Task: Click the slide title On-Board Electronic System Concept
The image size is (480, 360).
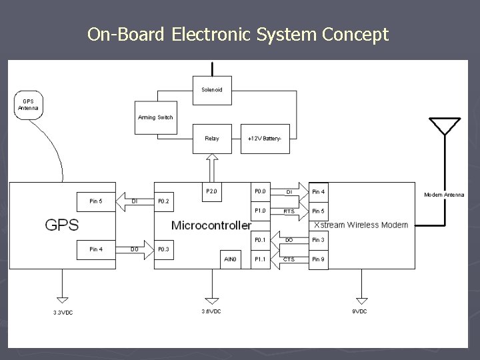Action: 238,34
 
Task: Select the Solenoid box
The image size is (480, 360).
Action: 212,89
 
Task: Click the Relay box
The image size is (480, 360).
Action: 211,138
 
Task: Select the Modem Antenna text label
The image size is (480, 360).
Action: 444,195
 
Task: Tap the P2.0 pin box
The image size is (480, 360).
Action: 212,191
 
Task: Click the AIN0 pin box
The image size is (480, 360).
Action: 230,259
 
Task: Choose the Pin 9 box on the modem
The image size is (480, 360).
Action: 319,259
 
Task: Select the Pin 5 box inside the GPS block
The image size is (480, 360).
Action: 97,200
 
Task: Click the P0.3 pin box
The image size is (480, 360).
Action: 164,249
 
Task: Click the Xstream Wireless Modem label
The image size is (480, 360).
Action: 361,225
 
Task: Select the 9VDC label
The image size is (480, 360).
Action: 361,311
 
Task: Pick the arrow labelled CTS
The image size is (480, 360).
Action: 289,259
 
